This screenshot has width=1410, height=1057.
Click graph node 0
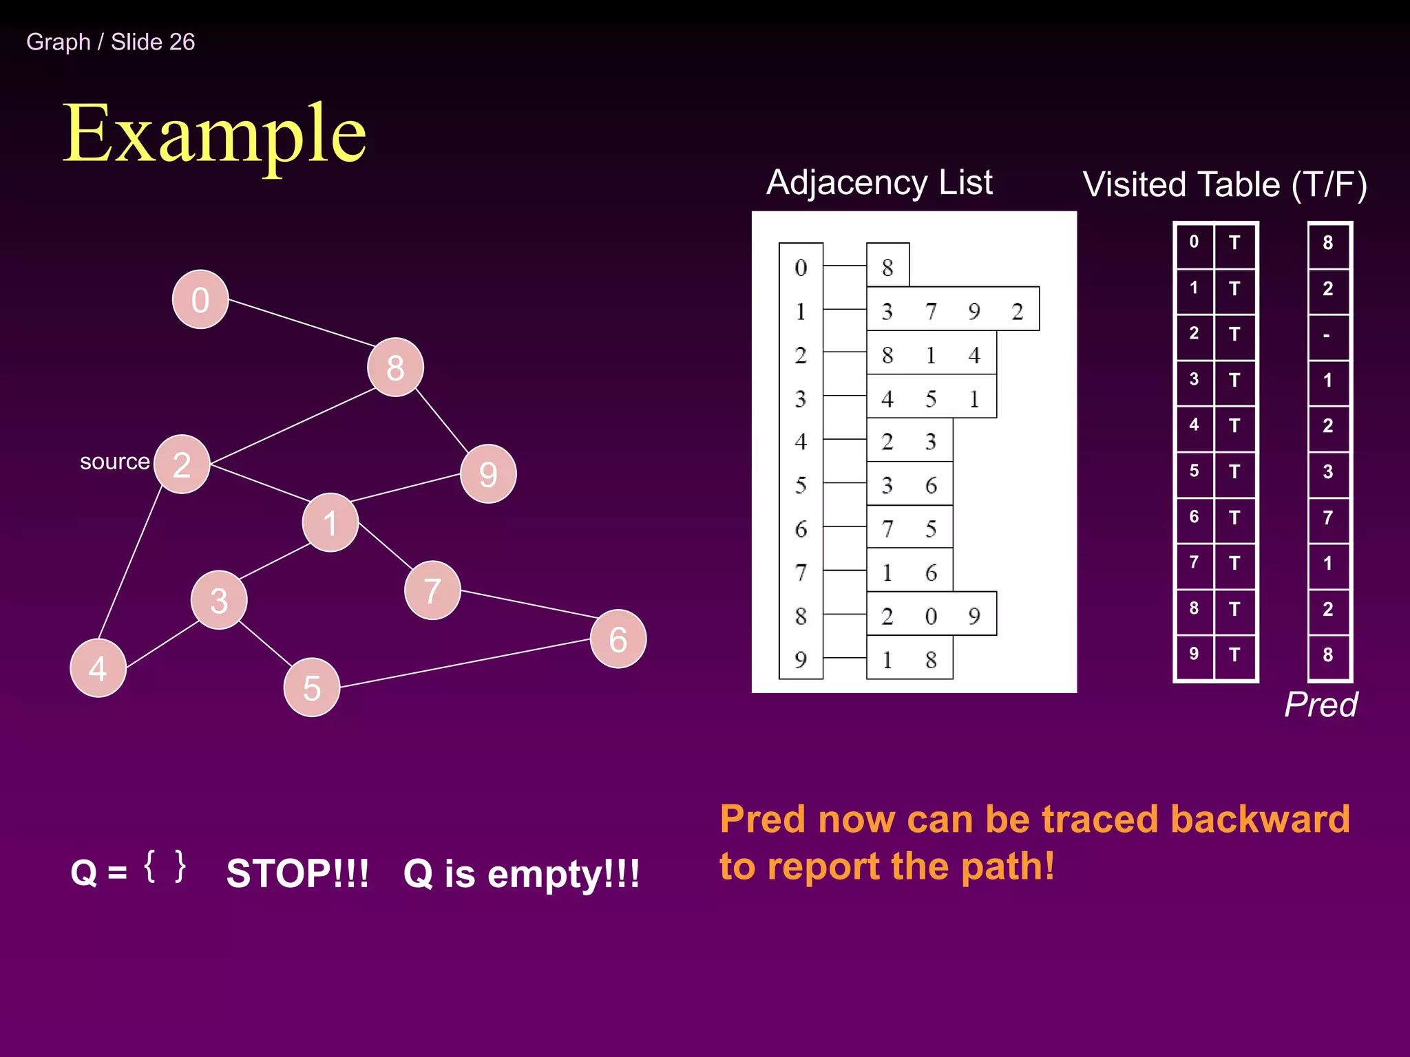pyautogui.click(x=200, y=299)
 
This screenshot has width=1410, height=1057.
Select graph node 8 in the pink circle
pyautogui.click(x=395, y=367)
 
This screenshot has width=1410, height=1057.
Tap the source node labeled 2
pyautogui.click(x=182, y=465)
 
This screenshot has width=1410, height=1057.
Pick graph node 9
pyautogui.click(x=488, y=473)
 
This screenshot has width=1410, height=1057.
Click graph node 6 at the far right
pyautogui.click(x=618, y=639)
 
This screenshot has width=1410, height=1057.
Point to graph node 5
pyautogui.click(x=312, y=687)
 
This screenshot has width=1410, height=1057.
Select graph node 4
pyautogui.click(x=98, y=668)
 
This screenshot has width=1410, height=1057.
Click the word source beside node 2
pyautogui.click(x=114, y=461)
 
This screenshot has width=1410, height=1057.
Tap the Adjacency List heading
pyautogui.click(x=879, y=182)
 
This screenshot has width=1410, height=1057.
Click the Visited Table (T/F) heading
pyautogui.click(x=1224, y=184)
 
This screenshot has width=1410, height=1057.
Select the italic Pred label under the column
pyautogui.click(x=1320, y=704)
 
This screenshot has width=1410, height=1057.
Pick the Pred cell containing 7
pyautogui.click(x=1327, y=517)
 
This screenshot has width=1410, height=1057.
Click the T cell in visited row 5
pyautogui.click(x=1234, y=472)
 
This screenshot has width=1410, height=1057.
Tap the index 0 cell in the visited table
pyautogui.click(x=1194, y=242)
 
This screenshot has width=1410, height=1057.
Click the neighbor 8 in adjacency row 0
pyautogui.click(x=887, y=267)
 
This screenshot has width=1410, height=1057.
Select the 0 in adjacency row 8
pyautogui.click(x=931, y=616)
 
